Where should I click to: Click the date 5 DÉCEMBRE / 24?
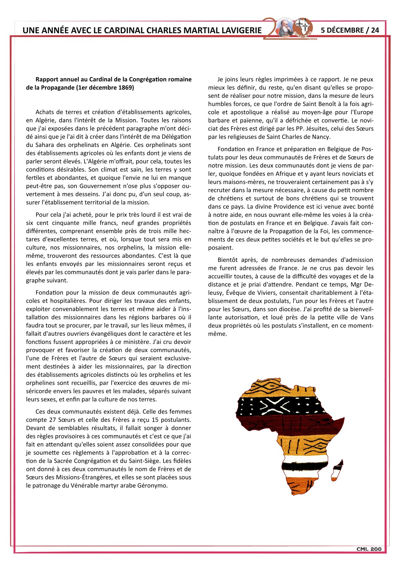(350, 30)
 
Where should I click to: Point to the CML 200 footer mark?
(369, 549)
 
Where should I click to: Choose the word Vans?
(367, 317)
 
